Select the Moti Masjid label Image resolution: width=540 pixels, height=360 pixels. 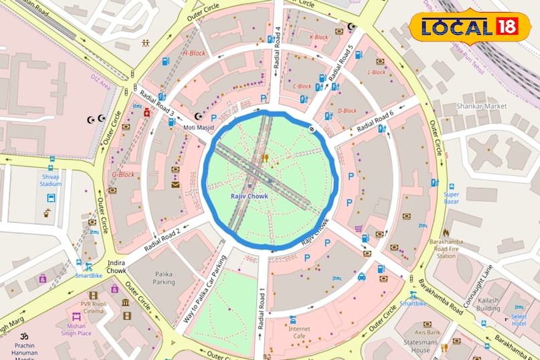(x=198, y=127)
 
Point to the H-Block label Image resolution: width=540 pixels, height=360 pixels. (x=194, y=53)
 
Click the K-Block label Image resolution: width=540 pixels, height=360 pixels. (x=319, y=37)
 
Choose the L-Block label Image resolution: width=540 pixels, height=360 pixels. (x=376, y=72)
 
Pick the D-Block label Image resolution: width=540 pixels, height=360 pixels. (x=347, y=111)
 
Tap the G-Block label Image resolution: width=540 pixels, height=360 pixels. (x=123, y=175)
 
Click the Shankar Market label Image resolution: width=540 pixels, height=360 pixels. (x=481, y=106)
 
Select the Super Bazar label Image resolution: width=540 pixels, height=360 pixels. (x=452, y=198)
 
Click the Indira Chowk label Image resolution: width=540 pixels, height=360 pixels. (x=116, y=266)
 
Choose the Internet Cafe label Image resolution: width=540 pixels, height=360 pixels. (x=299, y=333)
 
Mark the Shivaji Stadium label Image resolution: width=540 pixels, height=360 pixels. (x=51, y=180)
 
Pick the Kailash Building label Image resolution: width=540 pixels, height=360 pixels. (x=488, y=304)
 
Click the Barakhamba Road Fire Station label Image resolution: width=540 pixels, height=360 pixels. (x=446, y=248)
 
